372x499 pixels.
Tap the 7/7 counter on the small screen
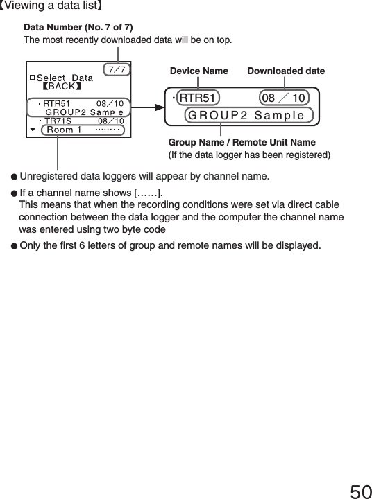click(x=117, y=69)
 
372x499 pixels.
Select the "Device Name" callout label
click(x=199, y=71)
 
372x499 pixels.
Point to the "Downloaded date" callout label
click(x=285, y=71)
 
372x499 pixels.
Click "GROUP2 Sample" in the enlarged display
click(x=246, y=114)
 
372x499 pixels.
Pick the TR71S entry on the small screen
click(x=58, y=121)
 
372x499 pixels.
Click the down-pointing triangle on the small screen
click(x=33, y=130)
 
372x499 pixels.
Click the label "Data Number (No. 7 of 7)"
click(x=78, y=27)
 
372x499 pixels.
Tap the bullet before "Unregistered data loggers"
click(x=13, y=176)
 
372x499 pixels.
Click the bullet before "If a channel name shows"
click(x=13, y=192)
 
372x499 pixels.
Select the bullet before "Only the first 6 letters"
click(x=13, y=245)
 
